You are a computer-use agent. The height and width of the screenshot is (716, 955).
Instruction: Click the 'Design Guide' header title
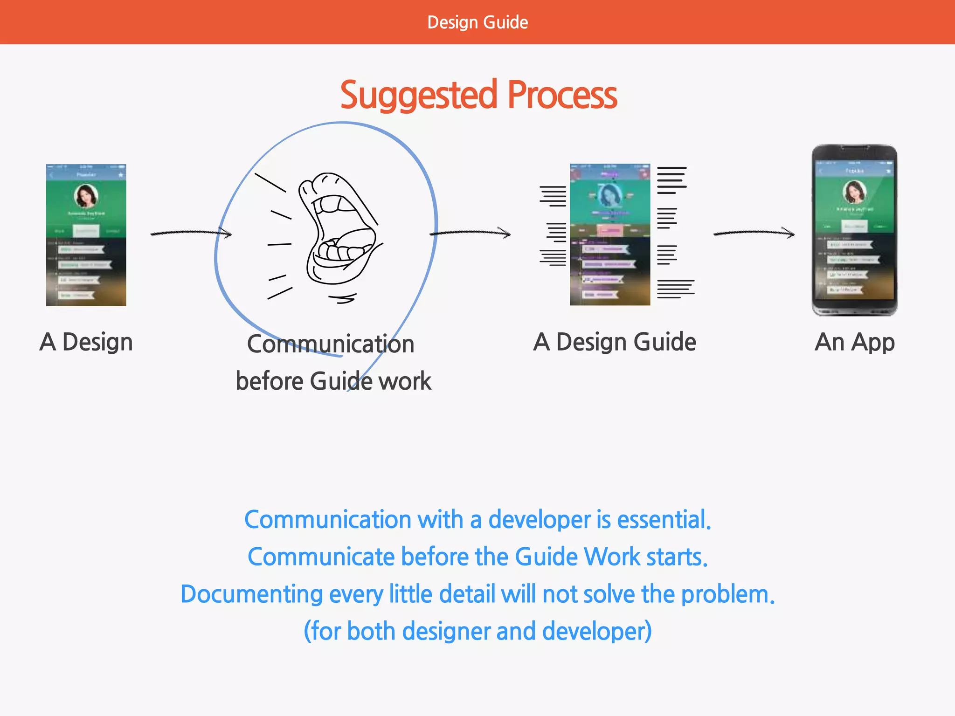tap(477, 22)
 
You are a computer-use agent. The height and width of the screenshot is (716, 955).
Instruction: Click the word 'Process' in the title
tap(562, 96)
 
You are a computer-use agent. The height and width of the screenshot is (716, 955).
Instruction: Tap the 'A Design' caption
tap(86, 342)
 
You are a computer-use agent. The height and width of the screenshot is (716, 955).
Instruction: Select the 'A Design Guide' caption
tap(615, 342)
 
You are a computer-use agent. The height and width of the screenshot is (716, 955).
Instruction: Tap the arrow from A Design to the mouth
tap(191, 233)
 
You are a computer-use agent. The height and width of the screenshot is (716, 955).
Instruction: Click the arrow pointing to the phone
tap(754, 233)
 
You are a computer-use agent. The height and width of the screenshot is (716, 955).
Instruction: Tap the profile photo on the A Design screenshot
tap(86, 196)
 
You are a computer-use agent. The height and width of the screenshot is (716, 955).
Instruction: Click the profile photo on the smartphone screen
tap(854, 192)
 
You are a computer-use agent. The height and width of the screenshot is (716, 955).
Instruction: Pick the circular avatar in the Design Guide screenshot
tap(609, 195)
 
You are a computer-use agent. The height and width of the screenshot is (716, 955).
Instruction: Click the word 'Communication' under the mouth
tap(331, 344)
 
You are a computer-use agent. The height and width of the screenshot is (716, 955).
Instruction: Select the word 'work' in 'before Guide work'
tap(405, 381)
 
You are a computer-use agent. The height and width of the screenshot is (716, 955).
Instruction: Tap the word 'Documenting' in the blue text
tap(251, 594)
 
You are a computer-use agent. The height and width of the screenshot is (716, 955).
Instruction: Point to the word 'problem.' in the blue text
tap(728, 594)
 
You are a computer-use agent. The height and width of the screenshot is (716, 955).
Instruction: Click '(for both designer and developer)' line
tap(477, 631)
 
